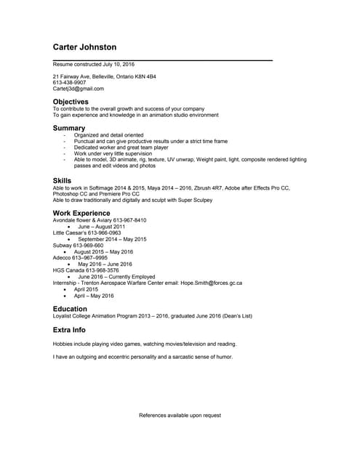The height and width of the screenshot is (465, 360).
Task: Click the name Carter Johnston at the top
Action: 84,47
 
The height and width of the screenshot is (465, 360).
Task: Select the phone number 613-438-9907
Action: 69,83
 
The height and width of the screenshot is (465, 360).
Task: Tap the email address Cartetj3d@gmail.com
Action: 78,89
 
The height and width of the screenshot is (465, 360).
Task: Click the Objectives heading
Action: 71,102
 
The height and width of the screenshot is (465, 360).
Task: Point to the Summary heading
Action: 69,128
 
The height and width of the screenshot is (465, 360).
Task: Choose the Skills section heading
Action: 62,180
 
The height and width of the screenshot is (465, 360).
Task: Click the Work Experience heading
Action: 81,213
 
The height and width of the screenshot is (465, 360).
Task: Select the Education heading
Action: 70,309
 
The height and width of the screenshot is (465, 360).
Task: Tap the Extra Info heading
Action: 70,329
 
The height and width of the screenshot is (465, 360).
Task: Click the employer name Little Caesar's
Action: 70,232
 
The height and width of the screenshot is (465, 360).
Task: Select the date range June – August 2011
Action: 102,227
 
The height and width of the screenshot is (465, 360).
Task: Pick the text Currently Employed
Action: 130,277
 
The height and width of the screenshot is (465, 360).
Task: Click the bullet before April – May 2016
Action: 65,296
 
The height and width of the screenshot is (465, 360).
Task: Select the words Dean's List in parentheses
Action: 236,316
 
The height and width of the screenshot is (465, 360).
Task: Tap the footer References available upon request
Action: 180,416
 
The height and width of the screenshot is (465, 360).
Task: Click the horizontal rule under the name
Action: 162,60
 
